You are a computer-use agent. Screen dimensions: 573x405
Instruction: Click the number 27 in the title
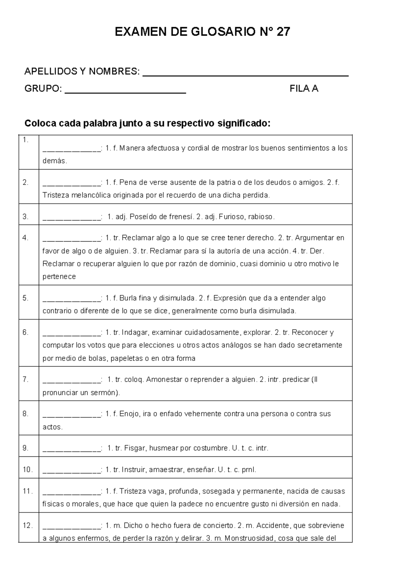click(283, 32)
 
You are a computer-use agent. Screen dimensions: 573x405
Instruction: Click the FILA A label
click(304, 89)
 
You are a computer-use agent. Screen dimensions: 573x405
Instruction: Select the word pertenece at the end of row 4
click(59, 277)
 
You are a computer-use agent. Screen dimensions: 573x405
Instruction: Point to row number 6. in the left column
click(26, 332)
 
